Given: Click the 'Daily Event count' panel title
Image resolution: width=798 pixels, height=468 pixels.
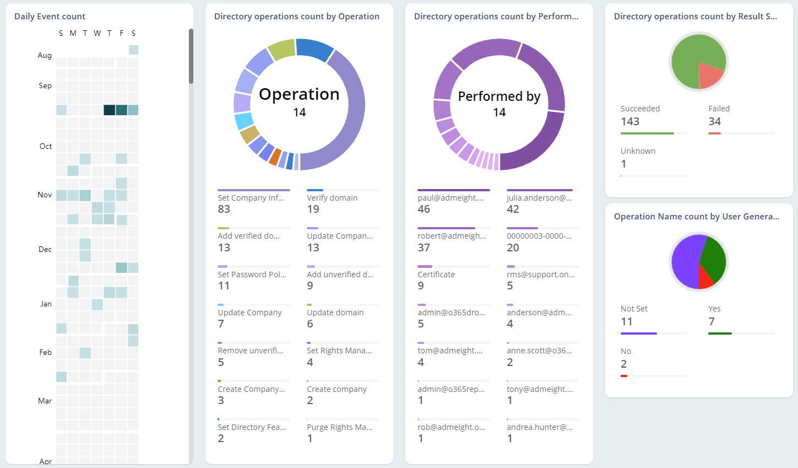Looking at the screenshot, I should coord(50,17).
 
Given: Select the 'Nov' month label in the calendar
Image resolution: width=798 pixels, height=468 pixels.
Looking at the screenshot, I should coord(45,195).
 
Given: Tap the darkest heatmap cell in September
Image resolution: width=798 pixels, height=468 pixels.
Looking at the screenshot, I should coord(109,110).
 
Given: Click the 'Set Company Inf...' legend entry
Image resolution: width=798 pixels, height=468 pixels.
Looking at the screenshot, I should coord(251,198).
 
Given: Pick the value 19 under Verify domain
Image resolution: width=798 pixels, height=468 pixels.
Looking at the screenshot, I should coord(313,209).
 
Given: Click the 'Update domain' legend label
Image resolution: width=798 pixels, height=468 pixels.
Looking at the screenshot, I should coord(335,313).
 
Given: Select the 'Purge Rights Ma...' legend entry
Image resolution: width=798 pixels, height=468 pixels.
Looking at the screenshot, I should coord(339,427).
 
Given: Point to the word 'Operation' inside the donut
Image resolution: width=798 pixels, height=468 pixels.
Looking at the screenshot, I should coord(299,94).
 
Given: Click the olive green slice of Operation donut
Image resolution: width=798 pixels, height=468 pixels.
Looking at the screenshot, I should coord(281,50).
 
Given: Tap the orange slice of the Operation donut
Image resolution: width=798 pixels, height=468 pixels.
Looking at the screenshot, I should coord(275,157).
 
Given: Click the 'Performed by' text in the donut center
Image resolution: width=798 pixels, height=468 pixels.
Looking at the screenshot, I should coord(499,96).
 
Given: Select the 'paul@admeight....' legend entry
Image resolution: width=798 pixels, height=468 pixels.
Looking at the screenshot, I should coord(450,198).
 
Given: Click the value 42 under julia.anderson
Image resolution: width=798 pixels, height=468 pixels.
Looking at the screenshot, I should coord(513,209).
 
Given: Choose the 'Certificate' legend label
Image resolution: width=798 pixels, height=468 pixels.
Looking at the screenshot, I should coord(436,275).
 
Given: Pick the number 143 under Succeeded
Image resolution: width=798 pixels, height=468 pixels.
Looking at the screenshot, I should coord(629,122).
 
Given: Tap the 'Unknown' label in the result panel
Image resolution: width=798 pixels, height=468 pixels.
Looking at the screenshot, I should coord(638,151).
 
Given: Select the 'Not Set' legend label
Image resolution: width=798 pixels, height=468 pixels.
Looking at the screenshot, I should coord(634,309).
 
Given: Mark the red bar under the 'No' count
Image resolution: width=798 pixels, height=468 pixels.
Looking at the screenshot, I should coord(624,376).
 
